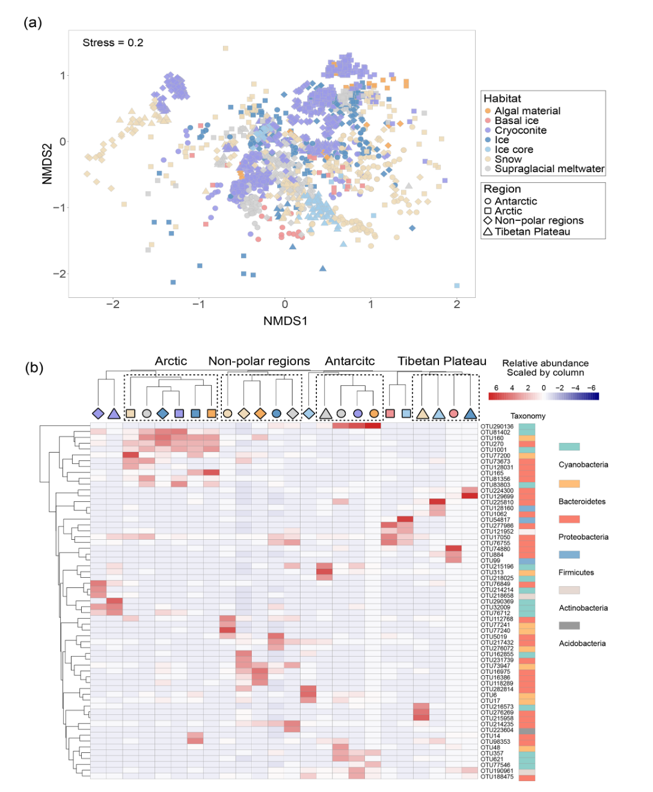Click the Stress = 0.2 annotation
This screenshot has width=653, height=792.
(x=112, y=43)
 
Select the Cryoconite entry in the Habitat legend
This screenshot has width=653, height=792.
(x=520, y=131)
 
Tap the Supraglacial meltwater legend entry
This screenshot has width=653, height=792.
(x=549, y=169)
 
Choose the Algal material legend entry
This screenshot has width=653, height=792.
(x=527, y=111)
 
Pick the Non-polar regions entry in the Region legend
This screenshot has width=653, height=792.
(x=539, y=221)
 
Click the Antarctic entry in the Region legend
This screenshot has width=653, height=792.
(x=515, y=202)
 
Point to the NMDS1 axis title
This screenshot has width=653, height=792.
(x=285, y=321)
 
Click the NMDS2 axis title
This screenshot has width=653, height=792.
(x=48, y=164)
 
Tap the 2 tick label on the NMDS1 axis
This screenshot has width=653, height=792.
(x=457, y=305)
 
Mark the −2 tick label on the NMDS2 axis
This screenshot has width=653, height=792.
(x=59, y=274)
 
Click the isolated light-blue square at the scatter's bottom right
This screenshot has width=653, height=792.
(x=457, y=285)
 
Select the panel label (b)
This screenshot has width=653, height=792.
(x=34, y=368)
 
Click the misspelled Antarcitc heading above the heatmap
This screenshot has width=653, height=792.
(x=349, y=361)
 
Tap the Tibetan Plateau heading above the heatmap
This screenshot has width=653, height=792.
(x=441, y=361)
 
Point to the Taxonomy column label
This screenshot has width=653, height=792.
(x=527, y=416)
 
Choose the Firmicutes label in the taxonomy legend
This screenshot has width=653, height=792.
(x=576, y=572)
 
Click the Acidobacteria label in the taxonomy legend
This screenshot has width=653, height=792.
(x=582, y=643)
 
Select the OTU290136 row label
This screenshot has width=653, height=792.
(x=497, y=427)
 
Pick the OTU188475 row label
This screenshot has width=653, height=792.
(x=497, y=777)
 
